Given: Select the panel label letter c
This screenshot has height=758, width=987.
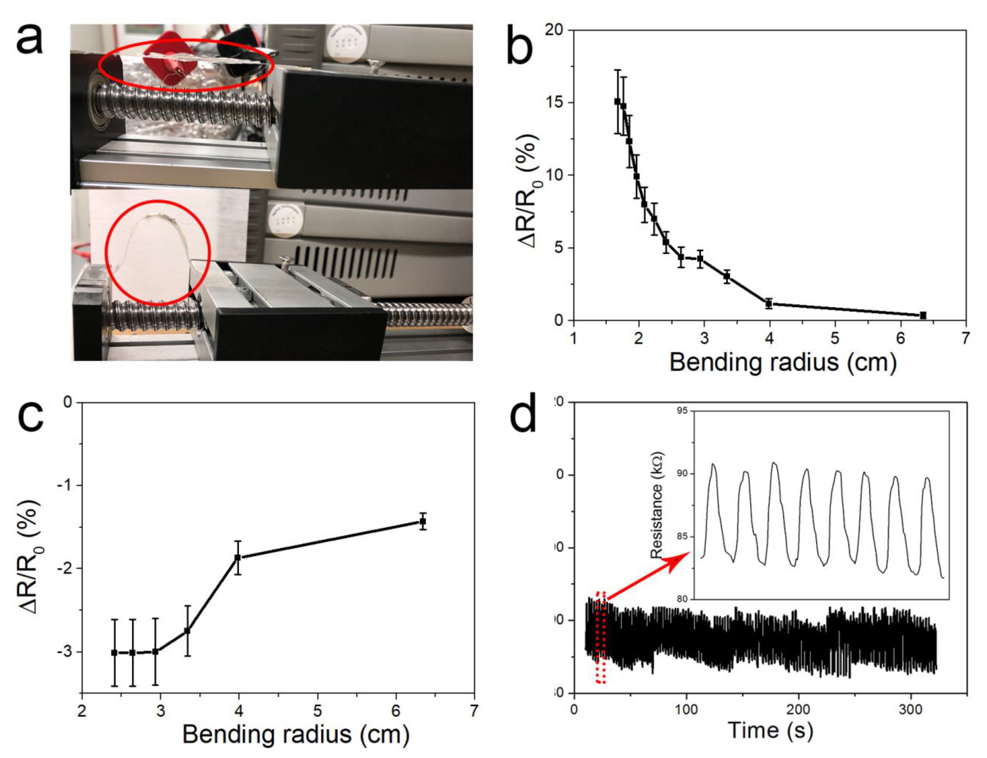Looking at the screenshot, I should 30,416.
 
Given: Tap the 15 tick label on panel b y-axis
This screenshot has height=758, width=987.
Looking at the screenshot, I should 554,103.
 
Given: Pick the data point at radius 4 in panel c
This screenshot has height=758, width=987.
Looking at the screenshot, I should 237,558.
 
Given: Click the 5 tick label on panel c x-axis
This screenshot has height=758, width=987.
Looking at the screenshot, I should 317,711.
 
